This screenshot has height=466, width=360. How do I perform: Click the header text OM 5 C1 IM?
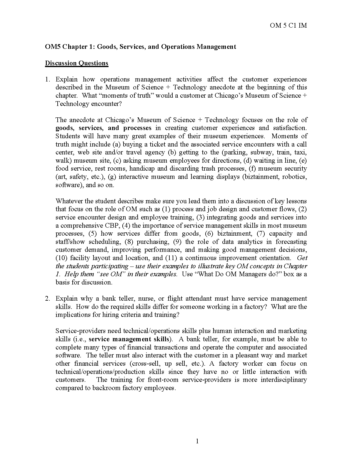[x=288, y=26]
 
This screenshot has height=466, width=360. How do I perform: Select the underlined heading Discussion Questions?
[x=76, y=63]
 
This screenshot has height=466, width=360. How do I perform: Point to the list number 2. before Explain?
[x=48, y=299]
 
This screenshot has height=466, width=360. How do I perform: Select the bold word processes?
[x=137, y=128]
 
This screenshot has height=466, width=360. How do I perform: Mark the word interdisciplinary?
[x=282, y=380]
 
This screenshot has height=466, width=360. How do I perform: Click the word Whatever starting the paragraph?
[x=69, y=201]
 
